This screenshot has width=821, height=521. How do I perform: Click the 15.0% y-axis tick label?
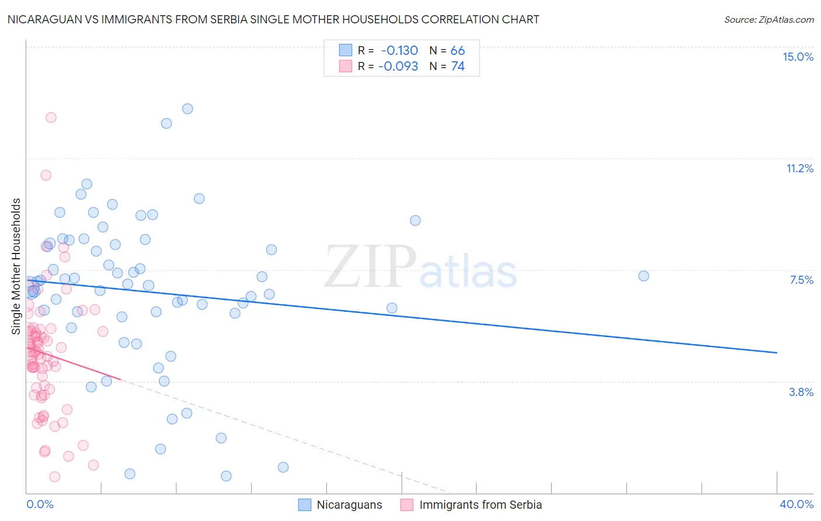(798, 57)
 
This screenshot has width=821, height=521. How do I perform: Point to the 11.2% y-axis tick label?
(799, 168)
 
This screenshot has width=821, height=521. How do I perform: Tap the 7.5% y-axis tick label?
(801, 280)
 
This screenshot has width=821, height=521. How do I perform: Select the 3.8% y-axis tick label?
(801, 392)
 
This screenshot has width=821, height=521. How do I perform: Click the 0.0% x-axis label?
(40, 504)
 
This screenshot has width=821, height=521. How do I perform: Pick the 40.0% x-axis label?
(796, 504)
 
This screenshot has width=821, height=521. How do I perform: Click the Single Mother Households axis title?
(16, 266)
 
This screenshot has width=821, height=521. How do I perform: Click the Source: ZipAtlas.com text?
(768, 19)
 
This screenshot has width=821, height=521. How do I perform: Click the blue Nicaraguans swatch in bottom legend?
(305, 505)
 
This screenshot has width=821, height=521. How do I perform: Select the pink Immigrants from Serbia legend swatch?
(407, 505)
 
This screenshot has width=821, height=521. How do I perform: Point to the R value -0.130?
(399, 50)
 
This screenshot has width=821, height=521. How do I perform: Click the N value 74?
(458, 66)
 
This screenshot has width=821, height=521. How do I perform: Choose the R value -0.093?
(398, 66)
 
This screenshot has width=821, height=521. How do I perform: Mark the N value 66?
(458, 50)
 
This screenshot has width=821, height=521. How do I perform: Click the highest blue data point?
(187, 109)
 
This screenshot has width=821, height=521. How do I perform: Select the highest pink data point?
(51, 117)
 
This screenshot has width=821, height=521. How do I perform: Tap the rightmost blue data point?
(643, 276)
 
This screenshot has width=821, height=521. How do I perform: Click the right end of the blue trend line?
(777, 353)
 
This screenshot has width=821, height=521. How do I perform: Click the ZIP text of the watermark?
(370, 267)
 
